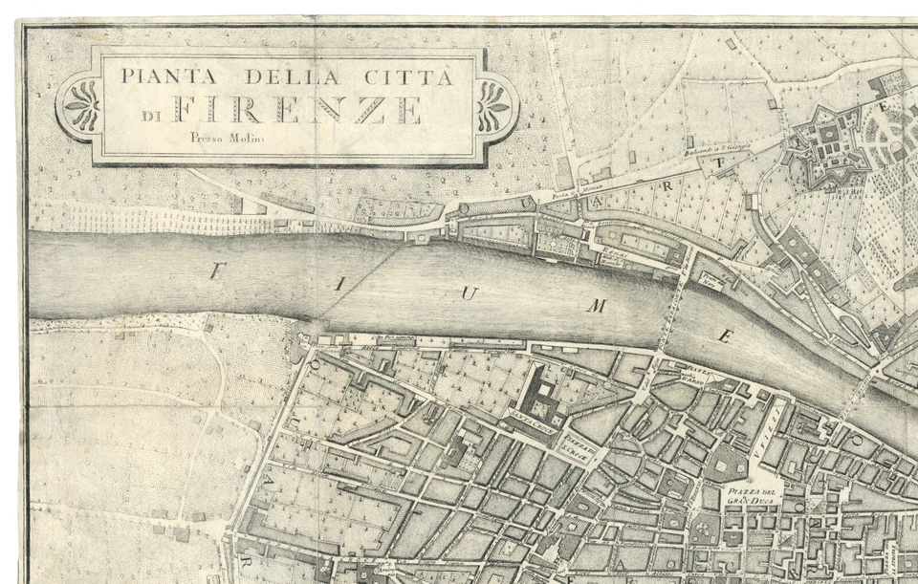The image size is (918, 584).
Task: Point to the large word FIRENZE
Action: pos(295,110)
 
